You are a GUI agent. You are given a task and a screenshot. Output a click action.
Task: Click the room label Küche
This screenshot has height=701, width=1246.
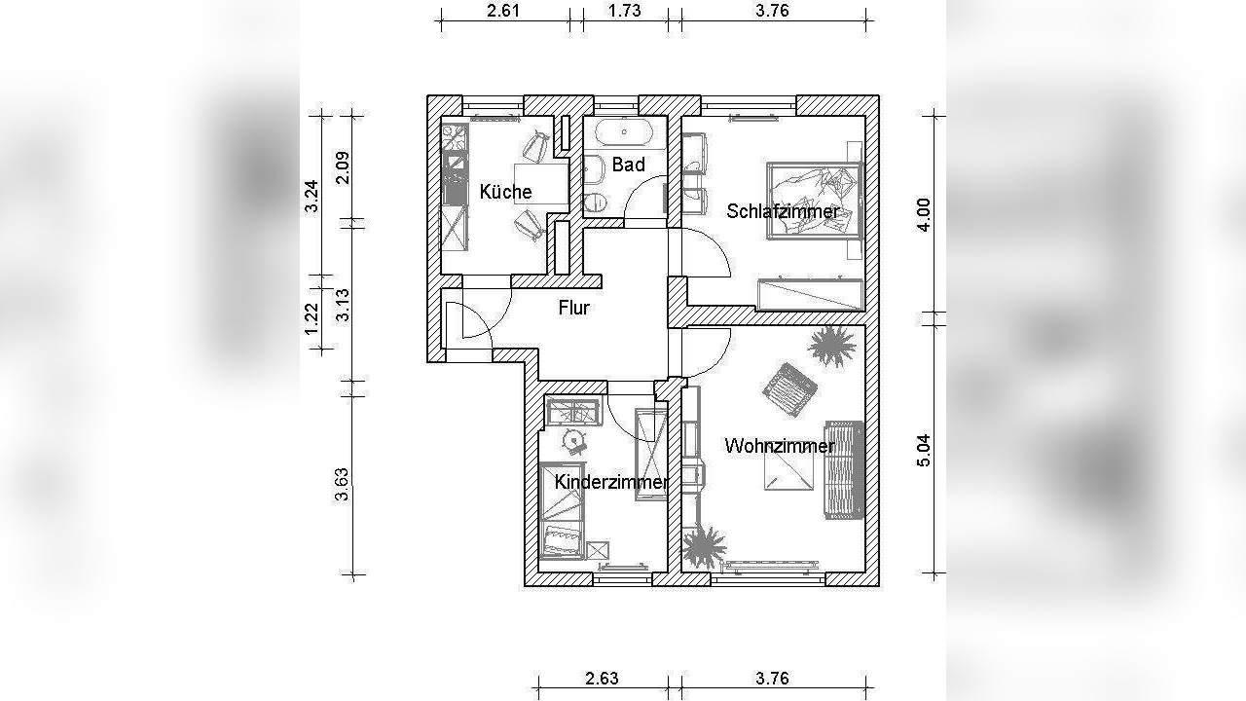point(505,192)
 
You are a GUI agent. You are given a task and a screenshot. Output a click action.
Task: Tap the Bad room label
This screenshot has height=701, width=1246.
point(629,165)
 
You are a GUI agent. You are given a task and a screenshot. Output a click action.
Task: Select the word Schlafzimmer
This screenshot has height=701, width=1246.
point(783,211)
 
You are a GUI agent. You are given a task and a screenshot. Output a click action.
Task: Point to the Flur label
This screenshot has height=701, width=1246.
point(574,308)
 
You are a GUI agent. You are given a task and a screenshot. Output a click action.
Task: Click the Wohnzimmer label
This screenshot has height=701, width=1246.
point(780,446)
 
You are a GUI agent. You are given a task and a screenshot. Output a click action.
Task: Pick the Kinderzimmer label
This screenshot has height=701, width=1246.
point(611,482)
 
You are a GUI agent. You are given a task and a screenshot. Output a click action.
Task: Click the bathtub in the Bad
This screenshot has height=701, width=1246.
point(625,132)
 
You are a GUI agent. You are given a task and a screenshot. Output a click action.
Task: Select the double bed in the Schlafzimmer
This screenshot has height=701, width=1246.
point(814,201)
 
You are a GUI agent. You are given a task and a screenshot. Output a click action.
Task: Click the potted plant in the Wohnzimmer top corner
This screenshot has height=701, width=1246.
point(832,346)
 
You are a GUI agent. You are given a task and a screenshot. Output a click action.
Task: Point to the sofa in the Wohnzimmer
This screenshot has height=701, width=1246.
point(844,470)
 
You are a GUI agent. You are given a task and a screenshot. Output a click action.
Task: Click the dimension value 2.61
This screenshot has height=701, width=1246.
point(503,11)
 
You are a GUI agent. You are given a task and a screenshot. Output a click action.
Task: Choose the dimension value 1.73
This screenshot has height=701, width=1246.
point(625,11)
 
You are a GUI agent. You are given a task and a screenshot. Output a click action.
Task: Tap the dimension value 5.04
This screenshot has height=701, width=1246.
point(924,450)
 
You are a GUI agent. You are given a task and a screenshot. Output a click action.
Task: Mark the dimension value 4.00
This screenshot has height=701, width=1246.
point(924,215)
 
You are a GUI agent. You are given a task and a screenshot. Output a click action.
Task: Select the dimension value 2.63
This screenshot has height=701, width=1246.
point(602,679)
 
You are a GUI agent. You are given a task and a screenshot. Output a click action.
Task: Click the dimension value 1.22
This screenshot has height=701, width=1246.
point(311,318)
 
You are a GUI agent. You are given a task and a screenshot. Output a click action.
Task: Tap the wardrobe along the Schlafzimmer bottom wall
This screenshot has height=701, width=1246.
point(810,295)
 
